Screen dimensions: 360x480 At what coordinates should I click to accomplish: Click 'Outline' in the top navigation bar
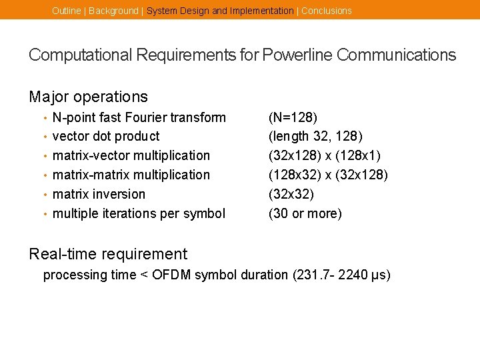[x=66, y=11]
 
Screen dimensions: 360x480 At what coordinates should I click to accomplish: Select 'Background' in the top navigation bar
[x=113, y=11]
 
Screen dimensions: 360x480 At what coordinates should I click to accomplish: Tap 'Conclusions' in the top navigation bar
[x=327, y=11]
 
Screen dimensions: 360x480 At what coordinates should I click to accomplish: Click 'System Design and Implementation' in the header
[x=220, y=11]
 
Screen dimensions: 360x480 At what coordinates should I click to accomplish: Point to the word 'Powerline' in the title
[x=297, y=55]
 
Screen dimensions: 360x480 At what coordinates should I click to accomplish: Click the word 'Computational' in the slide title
[x=74, y=55]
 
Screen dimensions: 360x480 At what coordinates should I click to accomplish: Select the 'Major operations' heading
[x=88, y=97]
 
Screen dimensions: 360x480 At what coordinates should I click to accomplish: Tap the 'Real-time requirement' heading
[x=108, y=254]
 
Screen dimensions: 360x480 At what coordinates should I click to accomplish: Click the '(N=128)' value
[x=293, y=118]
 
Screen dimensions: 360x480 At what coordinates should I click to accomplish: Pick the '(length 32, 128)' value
[x=315, y=137]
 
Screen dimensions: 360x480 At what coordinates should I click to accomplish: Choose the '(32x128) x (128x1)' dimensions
[x=324, y=156]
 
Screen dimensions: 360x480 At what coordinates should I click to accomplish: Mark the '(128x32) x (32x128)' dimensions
[x=327, y=175]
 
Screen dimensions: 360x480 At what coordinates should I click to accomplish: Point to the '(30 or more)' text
[x=305, y=214]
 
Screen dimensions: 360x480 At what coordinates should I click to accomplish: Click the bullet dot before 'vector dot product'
[x=45, y=137]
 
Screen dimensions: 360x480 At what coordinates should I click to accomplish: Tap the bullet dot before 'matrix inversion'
[x=45, y=195]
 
